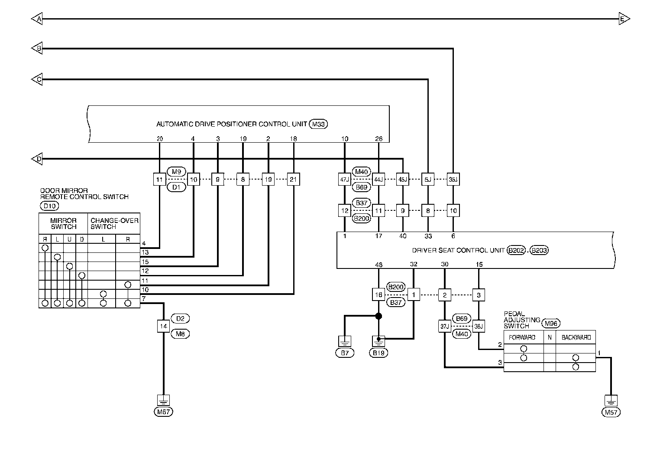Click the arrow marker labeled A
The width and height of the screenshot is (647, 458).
click(x=37, y=19)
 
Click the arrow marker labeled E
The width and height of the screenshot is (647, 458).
click(x=624, y=19)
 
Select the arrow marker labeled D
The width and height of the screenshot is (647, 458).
click(x=37, y=159)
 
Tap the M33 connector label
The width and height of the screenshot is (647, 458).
click(x=318, y=124)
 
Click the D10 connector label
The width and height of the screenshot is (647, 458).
click(x=49, y=206)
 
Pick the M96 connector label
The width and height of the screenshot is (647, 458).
click(x=551, y=323)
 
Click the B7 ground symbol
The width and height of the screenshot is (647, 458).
click(x=345, y=341)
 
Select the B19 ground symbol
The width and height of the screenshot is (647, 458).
click(x=378, y=341)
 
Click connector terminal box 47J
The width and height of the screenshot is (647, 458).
click(x=345, y=180)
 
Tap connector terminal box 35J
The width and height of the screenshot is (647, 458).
click(x=453, y=180)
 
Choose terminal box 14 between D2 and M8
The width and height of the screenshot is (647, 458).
click(x=164, y=326)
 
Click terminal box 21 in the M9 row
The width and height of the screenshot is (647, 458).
click(x=294, y=180)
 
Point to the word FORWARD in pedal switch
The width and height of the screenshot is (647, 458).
click(x=522, y=337)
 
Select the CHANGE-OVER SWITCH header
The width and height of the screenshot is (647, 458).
click(x=114, y=224)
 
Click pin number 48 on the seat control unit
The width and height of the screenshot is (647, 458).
click(x=378, y=265)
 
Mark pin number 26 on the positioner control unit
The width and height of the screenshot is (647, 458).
click(x=378, y=139)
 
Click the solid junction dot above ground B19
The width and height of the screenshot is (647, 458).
click(x=378, y=316)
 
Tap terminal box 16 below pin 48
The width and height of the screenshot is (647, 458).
click(x=378, y=295)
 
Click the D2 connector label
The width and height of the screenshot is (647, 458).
click(x=180, y=318)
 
